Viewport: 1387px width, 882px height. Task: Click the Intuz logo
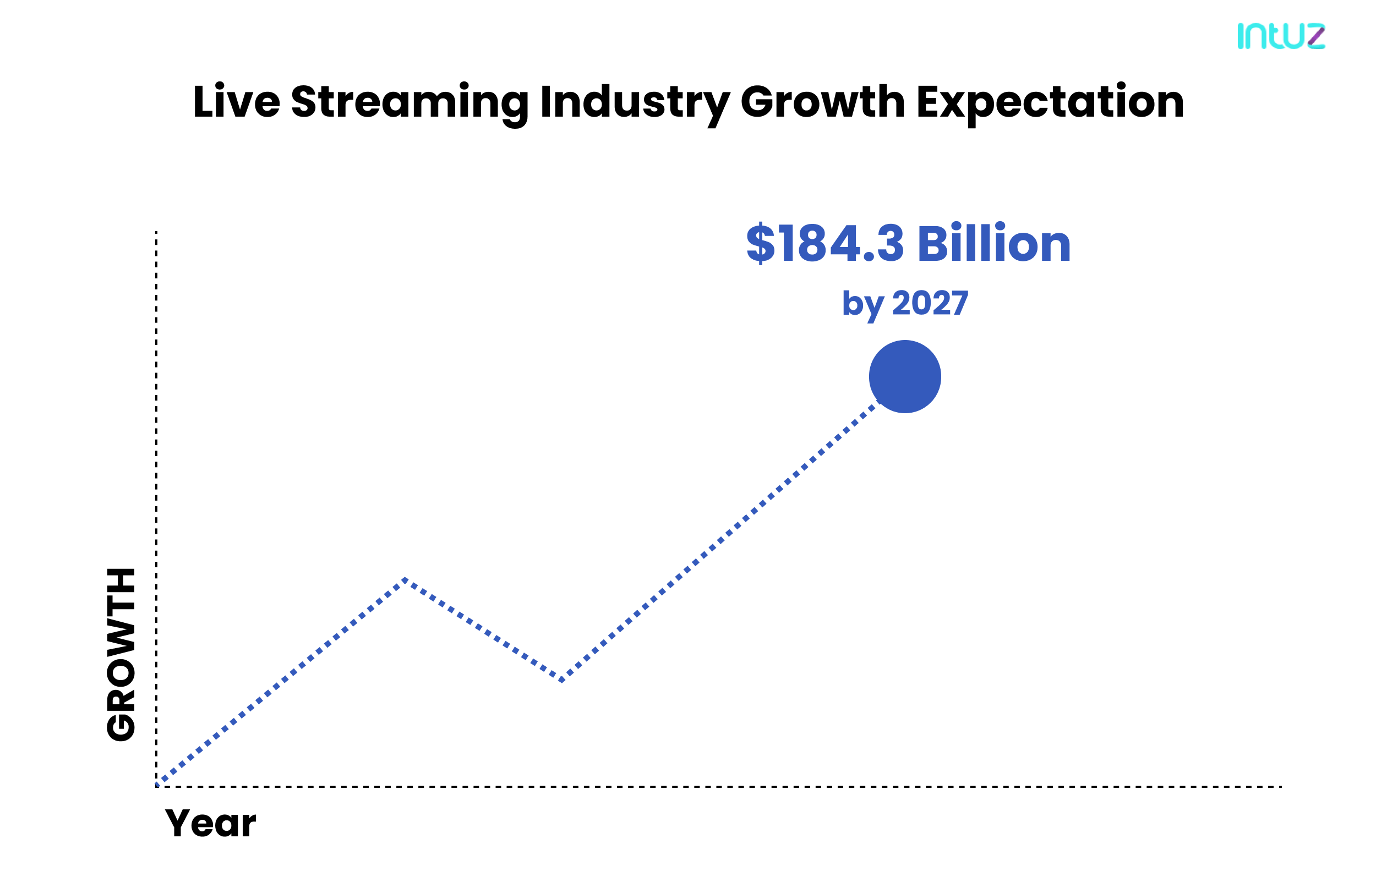(1280, 36)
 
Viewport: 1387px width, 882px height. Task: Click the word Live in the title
(236, 102)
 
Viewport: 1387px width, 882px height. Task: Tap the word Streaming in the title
(409, 102)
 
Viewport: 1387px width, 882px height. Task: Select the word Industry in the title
(634, 102)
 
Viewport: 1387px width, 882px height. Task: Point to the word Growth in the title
(822, 102)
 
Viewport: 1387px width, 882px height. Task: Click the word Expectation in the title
(1050, 102)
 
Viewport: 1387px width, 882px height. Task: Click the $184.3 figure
(825, 244)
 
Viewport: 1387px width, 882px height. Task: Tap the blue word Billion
(994, 244)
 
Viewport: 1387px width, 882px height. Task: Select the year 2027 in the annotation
(930, 303)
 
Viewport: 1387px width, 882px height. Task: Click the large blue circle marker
(905, 376)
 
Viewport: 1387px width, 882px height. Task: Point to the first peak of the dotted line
(406, 579)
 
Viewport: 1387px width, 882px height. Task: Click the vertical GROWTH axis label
(122, 655)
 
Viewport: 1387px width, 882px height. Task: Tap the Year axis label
(210, 824)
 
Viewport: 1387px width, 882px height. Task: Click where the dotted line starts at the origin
(159, 784)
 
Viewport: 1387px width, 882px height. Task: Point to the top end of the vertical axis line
(156, 233)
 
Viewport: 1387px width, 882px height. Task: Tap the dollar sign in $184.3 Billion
(760, 244)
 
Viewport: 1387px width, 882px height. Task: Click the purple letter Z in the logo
(1316, 36)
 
